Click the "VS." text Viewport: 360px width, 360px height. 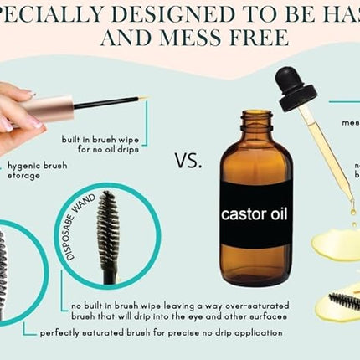189,161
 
